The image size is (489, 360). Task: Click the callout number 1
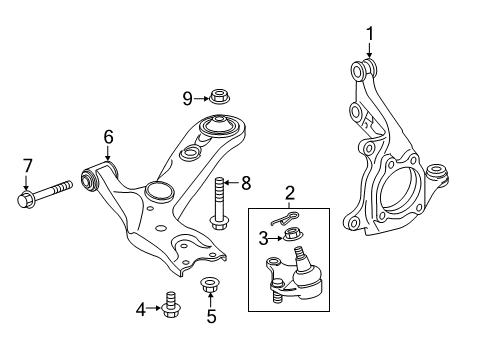pos(369,38)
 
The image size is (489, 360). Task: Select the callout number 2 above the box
pos(290,193)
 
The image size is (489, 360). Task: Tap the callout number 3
pos(263,237)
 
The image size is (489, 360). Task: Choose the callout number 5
pos(211,318)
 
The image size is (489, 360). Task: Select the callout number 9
pos(187,97)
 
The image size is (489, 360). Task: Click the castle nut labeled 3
pos(293,236)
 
